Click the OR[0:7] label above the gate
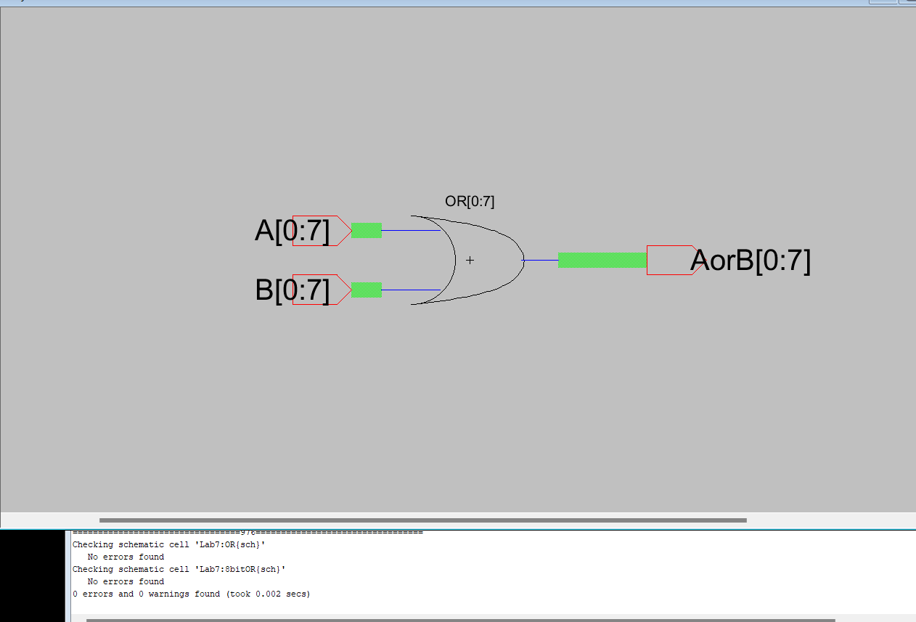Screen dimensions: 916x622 470,201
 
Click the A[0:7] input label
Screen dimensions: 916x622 292,231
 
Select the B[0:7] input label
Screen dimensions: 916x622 292,290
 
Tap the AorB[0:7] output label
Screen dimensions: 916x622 750,261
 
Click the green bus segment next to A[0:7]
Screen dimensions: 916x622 367,230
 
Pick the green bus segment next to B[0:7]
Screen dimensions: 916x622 367,290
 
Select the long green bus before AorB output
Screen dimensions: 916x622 602,260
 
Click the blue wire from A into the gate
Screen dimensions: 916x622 411,231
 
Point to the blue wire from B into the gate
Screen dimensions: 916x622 411,290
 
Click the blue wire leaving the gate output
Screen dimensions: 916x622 540,260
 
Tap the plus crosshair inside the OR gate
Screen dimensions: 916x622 470,260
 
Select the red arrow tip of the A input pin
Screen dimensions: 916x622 351,231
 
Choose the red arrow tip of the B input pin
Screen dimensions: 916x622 351,290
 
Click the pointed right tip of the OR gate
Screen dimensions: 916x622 524,260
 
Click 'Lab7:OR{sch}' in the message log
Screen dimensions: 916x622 230,545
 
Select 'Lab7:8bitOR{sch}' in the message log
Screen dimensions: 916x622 240,569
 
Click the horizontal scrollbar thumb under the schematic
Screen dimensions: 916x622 423,520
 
